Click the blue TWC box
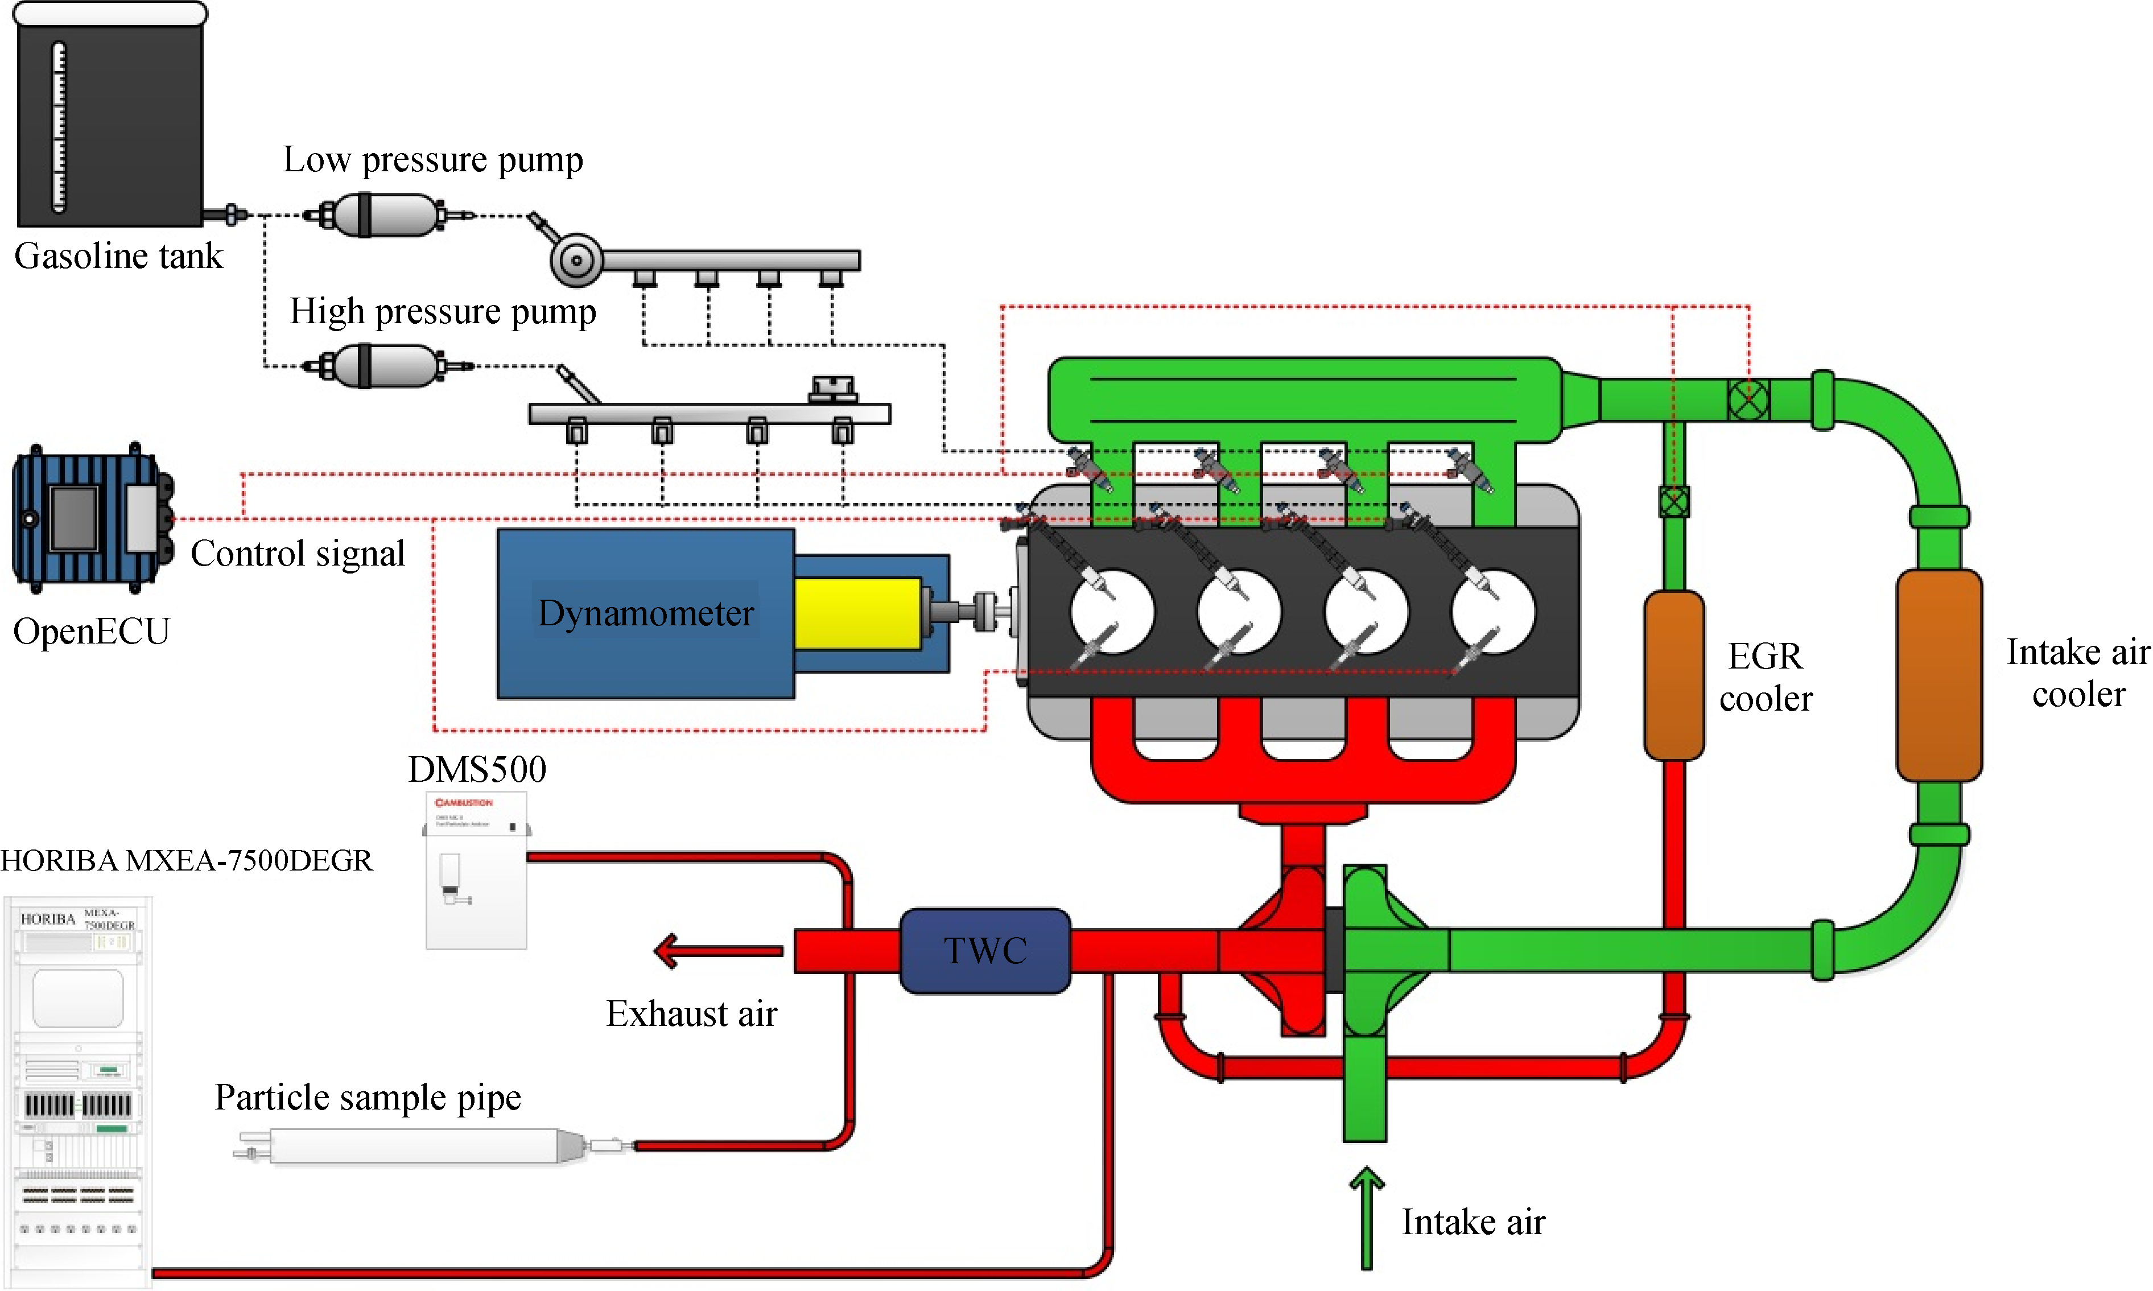tap(985, 951)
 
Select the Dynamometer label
tap(645, 613)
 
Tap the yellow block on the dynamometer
tap(857, 613)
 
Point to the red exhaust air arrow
tap(717, 951)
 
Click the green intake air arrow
tap(1367, 1218)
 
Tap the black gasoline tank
tap(110, 122)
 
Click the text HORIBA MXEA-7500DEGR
tap(186, 860)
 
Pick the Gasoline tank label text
tap(118, 257)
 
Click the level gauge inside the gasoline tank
tap(59, 126)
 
